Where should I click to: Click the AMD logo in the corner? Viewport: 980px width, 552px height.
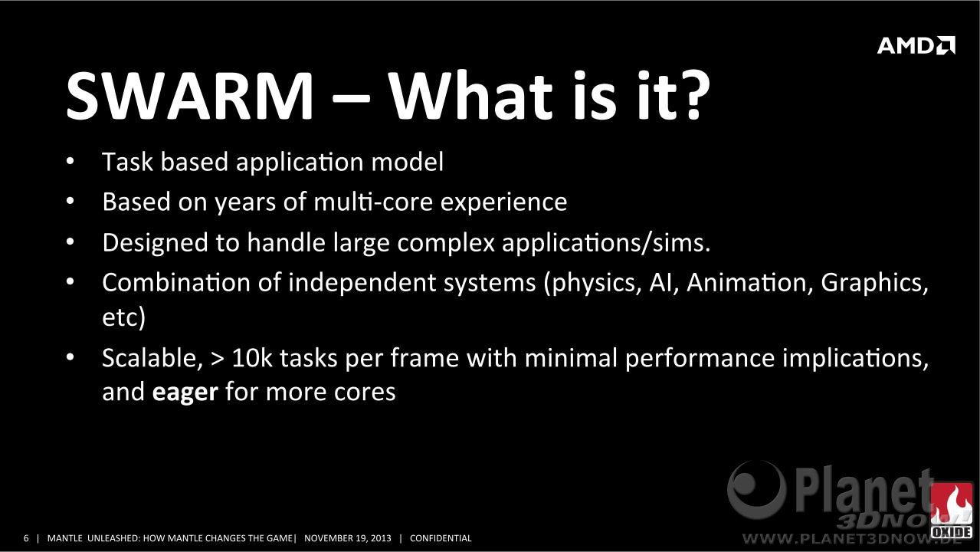(916, 45)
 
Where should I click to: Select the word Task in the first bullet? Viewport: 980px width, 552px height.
(127, 162)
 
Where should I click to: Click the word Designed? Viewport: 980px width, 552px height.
(155, 242)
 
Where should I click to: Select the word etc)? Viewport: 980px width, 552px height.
(124, 317)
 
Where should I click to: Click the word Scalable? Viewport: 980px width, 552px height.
(152, 358)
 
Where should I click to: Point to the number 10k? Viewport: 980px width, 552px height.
(252, 358)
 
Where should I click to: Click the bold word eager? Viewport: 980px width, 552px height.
(185, 393)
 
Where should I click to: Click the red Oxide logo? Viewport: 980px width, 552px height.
(951, 511)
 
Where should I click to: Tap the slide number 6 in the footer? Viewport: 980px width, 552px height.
(26, 538)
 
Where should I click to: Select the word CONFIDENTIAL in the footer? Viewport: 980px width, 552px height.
(441, 538)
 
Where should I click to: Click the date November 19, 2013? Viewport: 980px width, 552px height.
(348, 538)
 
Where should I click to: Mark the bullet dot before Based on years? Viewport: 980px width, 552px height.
(70, 202)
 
